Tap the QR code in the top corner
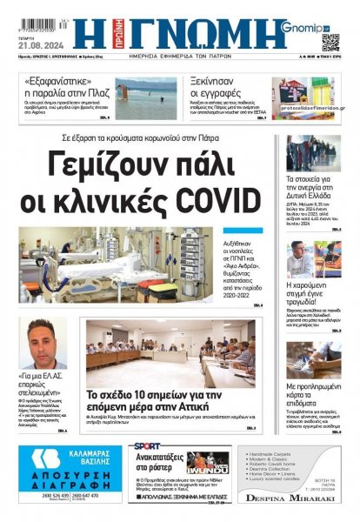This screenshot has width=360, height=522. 330,42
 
